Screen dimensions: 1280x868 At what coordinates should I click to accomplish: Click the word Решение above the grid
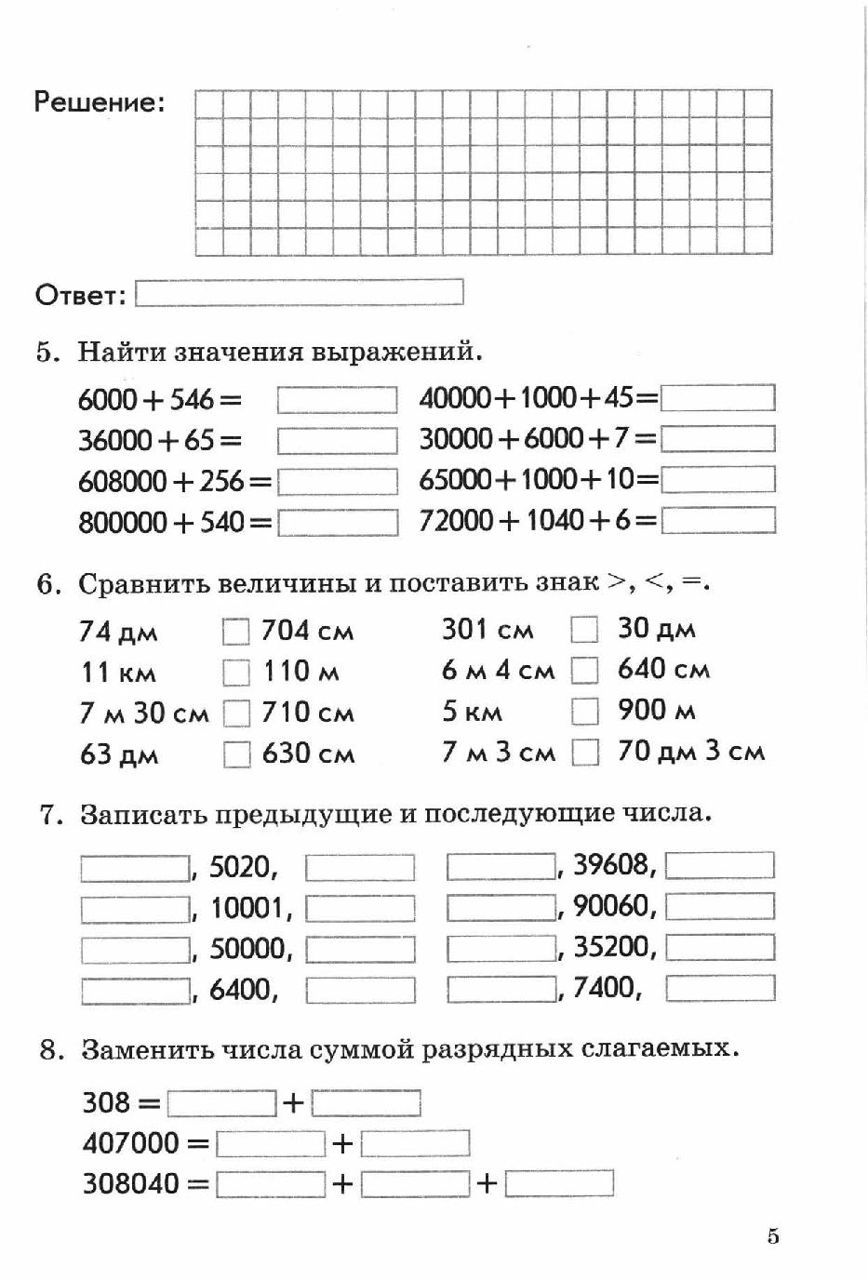[x=99, y=101]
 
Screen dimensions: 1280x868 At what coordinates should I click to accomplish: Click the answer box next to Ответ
[x=299, y=293]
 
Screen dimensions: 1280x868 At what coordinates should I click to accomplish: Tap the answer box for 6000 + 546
[x=337, y=400]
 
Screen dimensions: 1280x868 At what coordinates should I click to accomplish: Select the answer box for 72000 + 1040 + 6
[x=717, y=520]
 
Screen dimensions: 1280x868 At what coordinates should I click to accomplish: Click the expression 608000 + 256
[x=174, y=481]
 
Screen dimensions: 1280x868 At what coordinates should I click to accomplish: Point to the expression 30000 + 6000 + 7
[x=537, y=438]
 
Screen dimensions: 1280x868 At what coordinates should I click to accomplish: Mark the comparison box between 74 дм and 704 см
[x=236, y=632]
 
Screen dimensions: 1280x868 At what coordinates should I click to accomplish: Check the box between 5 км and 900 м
[x=584, y=711]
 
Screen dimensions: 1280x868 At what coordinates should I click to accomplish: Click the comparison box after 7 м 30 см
[x=236, y=713]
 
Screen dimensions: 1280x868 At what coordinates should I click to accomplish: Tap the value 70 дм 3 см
[x=690, y=751]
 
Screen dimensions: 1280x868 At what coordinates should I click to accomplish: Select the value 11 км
[x=118, y=672]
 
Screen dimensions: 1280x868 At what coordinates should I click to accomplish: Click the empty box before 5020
[x=135, y=868]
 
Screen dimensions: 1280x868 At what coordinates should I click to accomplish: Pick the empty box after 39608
[x=720, y=865]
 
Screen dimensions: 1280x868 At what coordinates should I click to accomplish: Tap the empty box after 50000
[x=360, y=950]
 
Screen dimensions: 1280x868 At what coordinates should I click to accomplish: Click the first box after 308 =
[x=221, y=1103]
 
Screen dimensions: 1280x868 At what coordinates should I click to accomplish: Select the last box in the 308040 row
[x=559, y=1183]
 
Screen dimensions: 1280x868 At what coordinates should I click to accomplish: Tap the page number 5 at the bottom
[x=773, y=1236]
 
